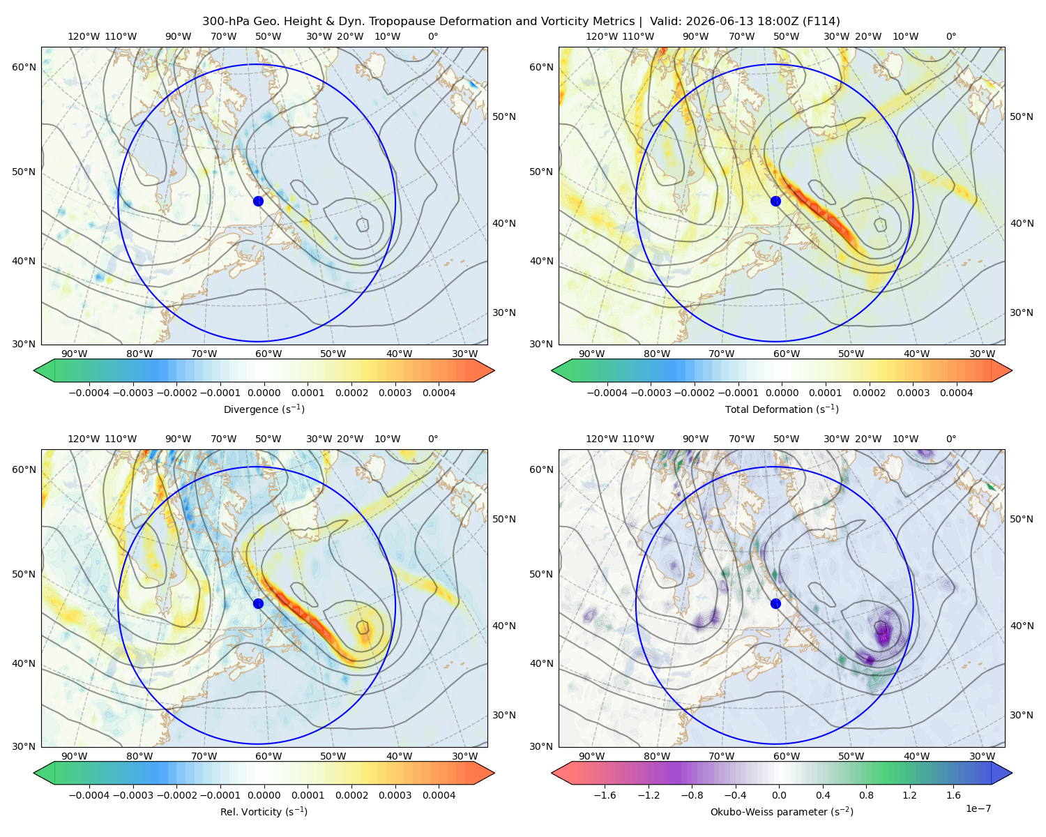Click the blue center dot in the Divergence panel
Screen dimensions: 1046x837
pos(258,201)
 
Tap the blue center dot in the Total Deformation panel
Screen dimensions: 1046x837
pos(775,201)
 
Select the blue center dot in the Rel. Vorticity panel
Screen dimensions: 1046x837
pos(258,603)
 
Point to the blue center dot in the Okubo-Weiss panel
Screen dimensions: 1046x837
pos(775,603)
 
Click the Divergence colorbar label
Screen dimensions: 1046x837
pos(264,409)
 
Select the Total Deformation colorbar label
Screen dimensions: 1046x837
pos(782,409)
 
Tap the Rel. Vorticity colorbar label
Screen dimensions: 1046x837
pos(264,811)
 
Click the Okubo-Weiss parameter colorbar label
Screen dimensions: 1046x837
pos(782,811)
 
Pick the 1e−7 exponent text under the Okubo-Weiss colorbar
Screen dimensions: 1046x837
pos(978,808)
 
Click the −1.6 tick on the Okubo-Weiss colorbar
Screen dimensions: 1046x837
pos(605,794)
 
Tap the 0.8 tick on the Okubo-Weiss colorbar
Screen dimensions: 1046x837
pos(866,794)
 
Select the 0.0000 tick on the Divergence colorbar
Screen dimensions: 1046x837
pos(264,393)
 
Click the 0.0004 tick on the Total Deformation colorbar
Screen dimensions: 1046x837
pos(956,393)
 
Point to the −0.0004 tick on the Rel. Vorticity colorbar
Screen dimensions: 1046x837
pos(89,794)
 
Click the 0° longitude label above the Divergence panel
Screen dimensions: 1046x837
pos(432,36)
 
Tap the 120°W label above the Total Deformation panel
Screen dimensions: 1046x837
pos(601,36)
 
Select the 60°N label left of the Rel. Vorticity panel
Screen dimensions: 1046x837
pos(24,469)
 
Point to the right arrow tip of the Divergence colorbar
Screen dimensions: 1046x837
pos(494,370)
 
